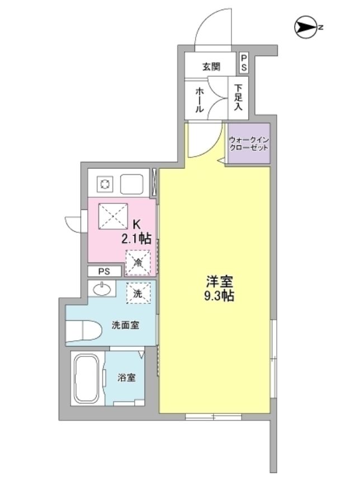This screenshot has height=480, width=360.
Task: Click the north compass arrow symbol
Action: point(305,26)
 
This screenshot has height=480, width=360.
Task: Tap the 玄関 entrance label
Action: point(211,66)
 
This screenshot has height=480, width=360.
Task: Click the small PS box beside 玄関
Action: point(244,62)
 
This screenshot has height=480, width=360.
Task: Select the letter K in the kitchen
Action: point(136,225)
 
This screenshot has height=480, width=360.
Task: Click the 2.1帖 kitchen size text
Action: point(137,239)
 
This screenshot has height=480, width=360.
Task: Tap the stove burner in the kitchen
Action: point(105,183)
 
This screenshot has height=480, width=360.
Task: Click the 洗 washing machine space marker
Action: point(138,292)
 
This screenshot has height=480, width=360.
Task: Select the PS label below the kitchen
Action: point(104,272)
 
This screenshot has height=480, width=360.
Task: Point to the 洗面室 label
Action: point(126,325)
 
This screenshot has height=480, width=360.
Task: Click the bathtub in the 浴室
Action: point(86,378)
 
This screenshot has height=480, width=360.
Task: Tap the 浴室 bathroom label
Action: point(126,378)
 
